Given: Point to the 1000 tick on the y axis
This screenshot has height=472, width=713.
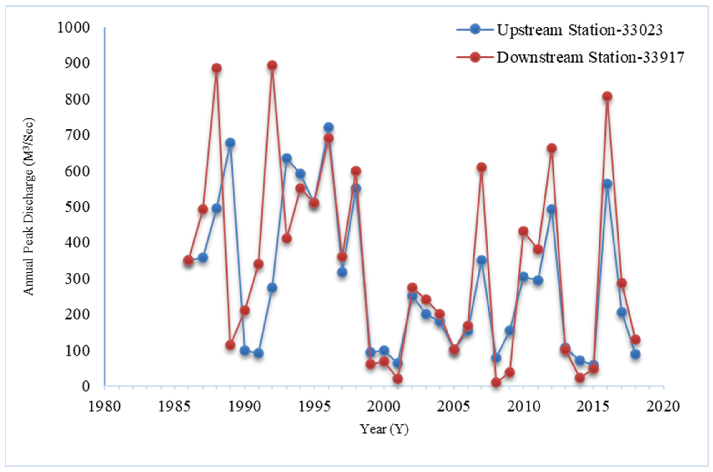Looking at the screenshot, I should tap(73, 28).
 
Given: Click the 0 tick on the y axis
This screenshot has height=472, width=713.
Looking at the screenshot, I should tap(86, 386).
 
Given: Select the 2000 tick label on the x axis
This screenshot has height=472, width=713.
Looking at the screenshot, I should tap(384, 407).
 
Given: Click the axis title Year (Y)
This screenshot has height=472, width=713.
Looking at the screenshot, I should tap(384, 429).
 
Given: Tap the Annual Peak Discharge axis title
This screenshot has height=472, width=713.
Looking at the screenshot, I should tap(29, 207).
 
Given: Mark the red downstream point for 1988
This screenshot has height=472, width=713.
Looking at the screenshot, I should tap(216, 68).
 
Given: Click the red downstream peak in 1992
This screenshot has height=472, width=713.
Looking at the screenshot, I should tap(272, 65).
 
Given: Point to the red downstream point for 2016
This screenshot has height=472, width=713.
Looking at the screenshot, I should tap(607, 96).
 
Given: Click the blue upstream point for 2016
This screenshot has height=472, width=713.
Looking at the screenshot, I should tap(607, 184).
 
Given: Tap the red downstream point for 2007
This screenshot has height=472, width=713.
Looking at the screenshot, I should tap(481, 167).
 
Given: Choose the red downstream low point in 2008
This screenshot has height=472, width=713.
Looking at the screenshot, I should tap(496, 383).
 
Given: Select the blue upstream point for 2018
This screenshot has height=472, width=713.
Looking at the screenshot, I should tap(635, 354).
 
